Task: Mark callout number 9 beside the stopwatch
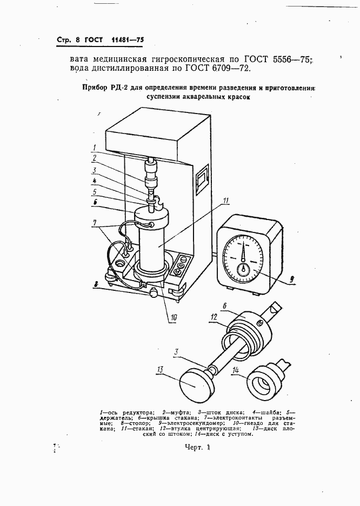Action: [x=292, y=279]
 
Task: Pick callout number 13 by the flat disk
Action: [x=161, y=369]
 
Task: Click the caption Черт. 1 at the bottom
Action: [x=195, y=448]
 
